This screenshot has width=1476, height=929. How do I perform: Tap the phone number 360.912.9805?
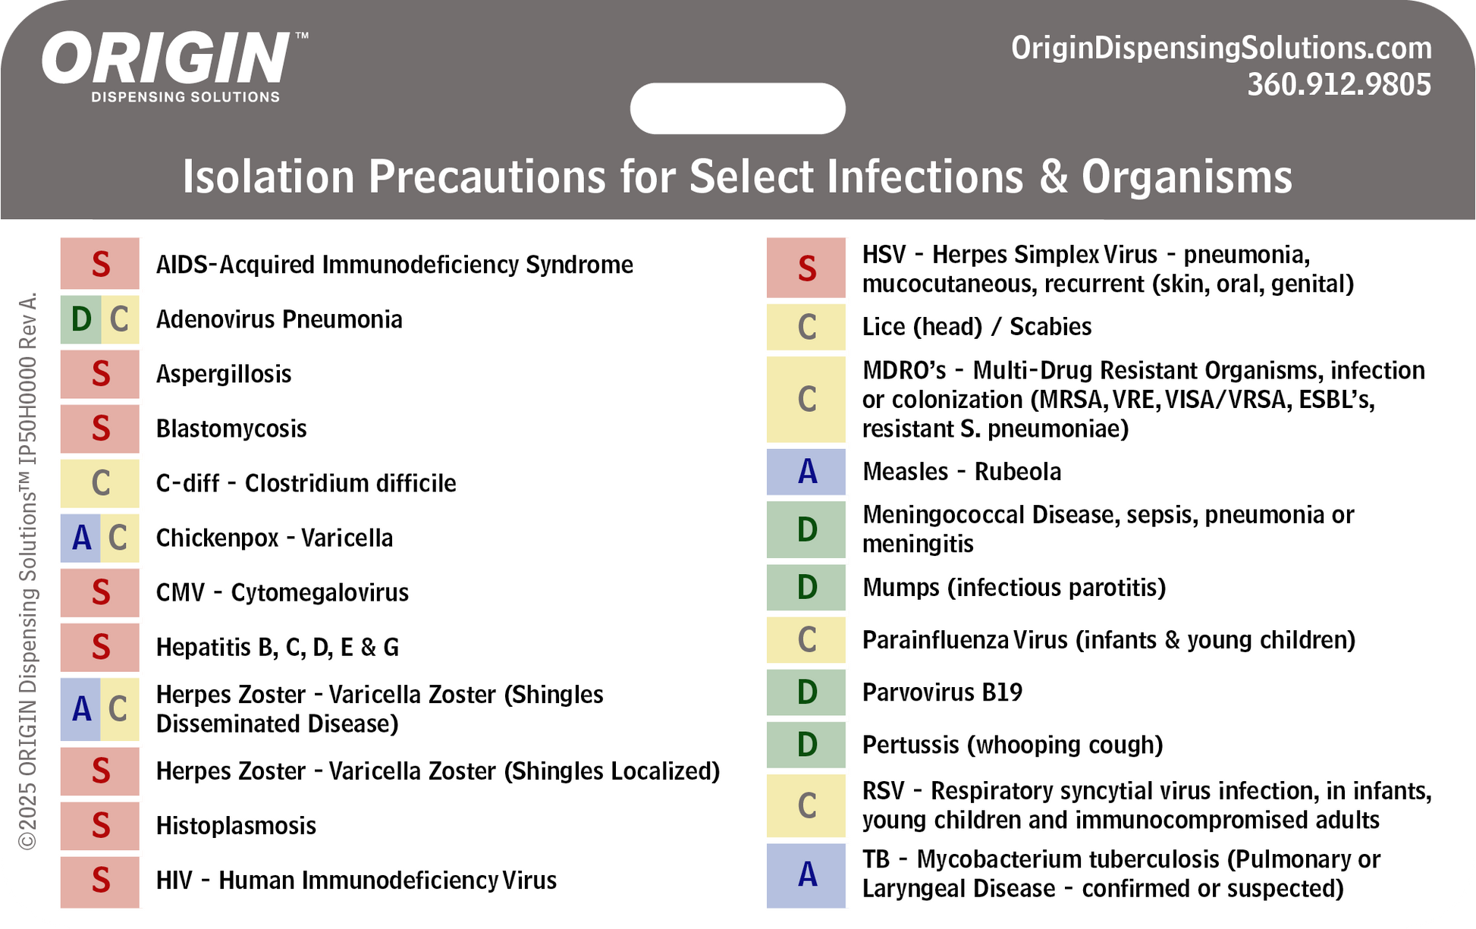[1339, 84]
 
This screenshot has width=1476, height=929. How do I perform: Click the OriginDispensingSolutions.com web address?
[1221, 48]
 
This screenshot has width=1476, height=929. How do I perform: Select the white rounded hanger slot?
[737, 108]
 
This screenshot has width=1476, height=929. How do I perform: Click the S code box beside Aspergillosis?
[100, 374]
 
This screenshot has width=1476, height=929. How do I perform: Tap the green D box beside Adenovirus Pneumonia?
[80, 319]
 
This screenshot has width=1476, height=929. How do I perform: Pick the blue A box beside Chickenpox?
[80, 538]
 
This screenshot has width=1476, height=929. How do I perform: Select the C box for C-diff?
[100, 483]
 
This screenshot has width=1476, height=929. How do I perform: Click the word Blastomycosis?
[231, 428]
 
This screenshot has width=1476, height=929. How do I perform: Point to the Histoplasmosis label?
[236, 825]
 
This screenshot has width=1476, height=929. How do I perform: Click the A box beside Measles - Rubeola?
[806, 472]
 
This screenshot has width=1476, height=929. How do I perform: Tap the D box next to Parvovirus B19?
[806, 692]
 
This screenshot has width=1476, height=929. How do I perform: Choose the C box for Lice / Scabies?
[806, 327]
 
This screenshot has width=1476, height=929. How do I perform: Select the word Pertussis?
[911, 744]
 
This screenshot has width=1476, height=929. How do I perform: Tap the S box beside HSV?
[806, 268]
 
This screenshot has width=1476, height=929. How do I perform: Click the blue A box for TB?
[806, 875]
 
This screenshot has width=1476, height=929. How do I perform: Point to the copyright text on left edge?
[27, 570]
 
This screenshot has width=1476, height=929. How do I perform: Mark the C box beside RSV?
[806, 805]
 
